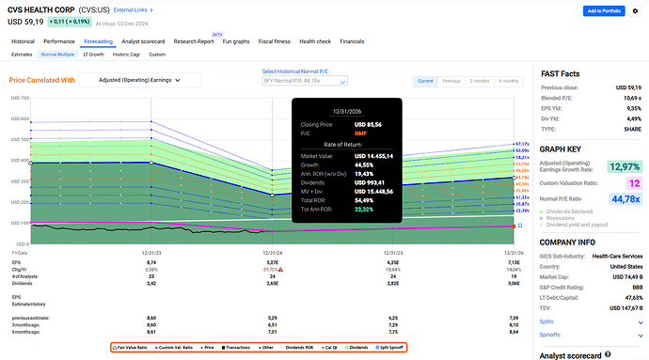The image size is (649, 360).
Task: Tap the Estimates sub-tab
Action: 22,55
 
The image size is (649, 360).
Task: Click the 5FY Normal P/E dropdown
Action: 305,81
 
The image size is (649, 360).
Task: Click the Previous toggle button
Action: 451,80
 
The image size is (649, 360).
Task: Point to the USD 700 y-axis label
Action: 19,98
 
